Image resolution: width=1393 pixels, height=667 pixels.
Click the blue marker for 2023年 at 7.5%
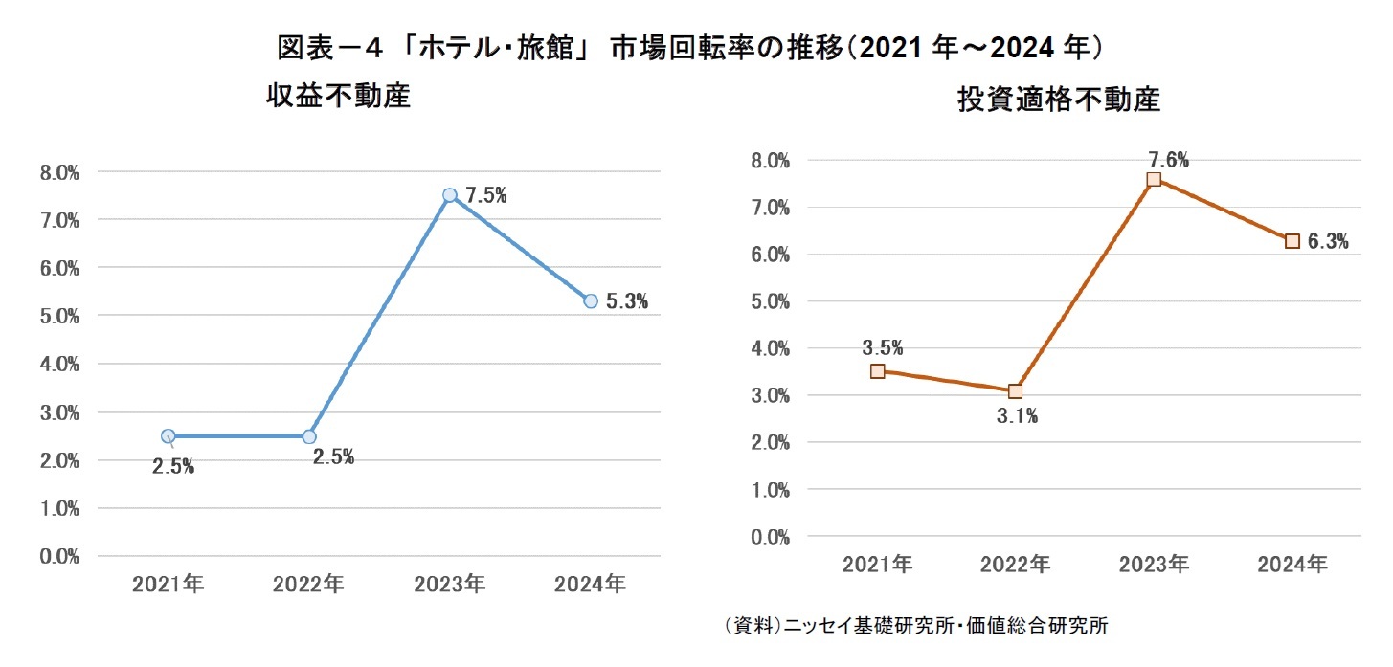click(x=450, y=195)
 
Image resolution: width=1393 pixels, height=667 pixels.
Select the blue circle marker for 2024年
click(x=591, y=300)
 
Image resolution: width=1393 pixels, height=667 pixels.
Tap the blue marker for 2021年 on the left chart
click(x=169, y=436)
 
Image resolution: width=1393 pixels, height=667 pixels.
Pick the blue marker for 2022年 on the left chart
click(x=309, y=436)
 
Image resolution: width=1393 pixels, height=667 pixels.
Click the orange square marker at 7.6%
click(x=1154, y=180)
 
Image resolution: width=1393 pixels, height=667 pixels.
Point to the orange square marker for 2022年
click(x=1016, y=390)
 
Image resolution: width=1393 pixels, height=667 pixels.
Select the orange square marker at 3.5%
click(x=877, y=371)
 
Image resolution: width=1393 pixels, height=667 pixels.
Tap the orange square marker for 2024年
click(x=1292, y=241)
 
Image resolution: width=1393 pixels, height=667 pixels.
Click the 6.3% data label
click(x=1328, y=242)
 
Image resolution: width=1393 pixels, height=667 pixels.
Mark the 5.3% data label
click(x=627, y=302)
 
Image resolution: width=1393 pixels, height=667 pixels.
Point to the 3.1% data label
click(x=1018, y=416)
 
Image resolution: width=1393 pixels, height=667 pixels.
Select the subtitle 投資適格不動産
click(x=1059, y=100)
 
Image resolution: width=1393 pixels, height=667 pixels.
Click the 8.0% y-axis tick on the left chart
click(x=59, y=173)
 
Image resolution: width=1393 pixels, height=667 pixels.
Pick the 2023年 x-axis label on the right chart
click(x=1154, y=565)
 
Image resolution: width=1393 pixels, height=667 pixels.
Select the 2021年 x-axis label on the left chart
click(x=169, y=584)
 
